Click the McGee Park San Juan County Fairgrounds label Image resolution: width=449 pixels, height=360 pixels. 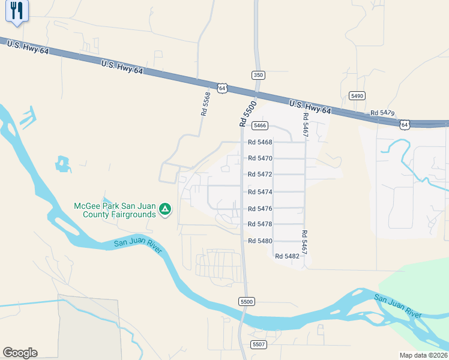[114, 209]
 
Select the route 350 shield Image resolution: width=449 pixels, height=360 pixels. [258, 75]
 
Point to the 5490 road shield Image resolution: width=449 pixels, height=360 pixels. [357, 96]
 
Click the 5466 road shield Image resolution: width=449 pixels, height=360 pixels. [259, 125]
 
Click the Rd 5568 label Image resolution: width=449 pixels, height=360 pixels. [206, 104]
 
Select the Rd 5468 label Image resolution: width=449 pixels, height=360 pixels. [260, 143]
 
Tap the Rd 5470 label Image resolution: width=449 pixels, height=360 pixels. [260, 158]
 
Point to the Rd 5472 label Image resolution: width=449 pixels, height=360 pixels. [260, 175]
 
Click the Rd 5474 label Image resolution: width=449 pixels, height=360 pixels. [260, 192]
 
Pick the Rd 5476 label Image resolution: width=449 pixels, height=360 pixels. [260, 209]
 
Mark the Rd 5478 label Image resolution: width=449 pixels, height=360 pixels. [260, 224]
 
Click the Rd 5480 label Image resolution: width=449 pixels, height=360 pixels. [260, 241]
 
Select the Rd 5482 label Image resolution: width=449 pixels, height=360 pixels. [287, 256]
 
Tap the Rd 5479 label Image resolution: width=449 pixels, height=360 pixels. [382, 113]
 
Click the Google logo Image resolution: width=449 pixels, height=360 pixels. [20, 353]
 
